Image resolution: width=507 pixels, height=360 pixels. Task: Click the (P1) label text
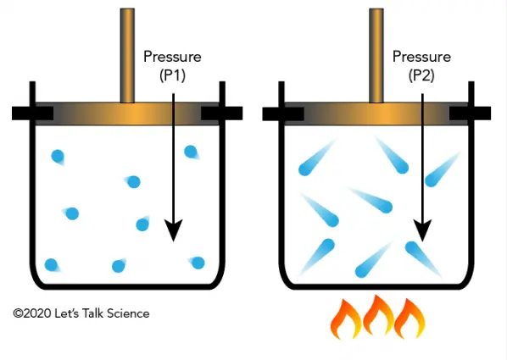[172, 75]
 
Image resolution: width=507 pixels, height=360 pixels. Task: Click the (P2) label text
[421, 75]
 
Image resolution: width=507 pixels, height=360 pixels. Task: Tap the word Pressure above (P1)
[172, 57]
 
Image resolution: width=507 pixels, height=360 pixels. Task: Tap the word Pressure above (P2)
[421, 57]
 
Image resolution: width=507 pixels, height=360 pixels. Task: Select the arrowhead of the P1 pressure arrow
[174, 230]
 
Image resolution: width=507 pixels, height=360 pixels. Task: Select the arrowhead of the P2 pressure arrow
[422, 230]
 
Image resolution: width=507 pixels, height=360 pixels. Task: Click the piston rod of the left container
[127, 56]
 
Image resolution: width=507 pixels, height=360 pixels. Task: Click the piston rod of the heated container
[376, 56]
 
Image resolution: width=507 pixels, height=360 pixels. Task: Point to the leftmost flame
[346, 319]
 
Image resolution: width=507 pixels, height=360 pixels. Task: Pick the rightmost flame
[409, 318]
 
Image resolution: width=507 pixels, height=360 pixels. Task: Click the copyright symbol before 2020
[18, 313]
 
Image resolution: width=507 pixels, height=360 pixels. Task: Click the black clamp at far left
[33, 114]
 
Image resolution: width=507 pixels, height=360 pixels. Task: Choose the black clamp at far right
[471, 114]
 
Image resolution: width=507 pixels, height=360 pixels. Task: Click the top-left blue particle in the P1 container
[58, 157]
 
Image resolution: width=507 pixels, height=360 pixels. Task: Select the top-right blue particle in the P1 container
[191, 152]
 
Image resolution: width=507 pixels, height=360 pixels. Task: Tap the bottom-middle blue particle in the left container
[119, 266]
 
